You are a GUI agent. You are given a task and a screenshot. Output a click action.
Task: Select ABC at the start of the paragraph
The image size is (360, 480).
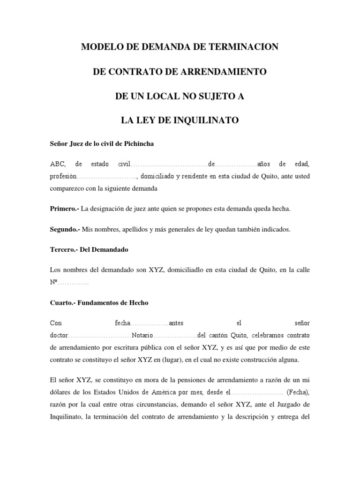click(58, 164)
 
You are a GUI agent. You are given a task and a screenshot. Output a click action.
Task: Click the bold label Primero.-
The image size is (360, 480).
click(65, 209)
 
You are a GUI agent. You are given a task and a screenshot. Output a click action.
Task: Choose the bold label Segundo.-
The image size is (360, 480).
click(65, 230)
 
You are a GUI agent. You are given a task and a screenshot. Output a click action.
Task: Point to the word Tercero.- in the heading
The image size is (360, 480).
click(64, 250)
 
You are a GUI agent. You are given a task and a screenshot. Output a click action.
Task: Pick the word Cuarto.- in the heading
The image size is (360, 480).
click(63, 303)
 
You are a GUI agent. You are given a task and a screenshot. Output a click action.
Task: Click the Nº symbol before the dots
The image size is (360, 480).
click(53, 283)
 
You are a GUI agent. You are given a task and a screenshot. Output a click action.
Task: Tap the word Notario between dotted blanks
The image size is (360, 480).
click(142, 336)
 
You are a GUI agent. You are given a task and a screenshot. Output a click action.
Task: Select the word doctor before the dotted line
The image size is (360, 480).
click(59, 336)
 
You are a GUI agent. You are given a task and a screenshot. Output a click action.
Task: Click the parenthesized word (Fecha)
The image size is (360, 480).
click(298, 392)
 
